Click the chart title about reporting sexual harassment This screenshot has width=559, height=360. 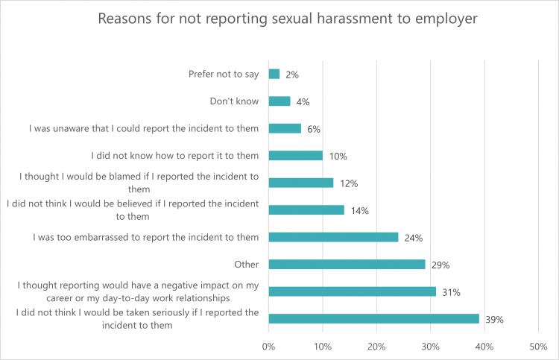(288, 18)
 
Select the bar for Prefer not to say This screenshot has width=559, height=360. (274, 74)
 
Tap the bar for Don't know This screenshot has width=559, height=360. (279, 101)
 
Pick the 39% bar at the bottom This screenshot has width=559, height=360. (373, 318)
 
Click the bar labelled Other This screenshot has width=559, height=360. (347, 264)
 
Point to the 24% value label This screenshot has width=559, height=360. (414, 238)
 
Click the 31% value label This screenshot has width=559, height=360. (451, 292)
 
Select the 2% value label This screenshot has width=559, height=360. (292, 75)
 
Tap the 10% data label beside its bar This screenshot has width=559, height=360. (338, 157)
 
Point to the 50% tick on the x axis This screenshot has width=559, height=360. (538, 347)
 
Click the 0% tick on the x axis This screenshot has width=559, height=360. (268, 347)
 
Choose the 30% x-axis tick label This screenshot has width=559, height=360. (430, 347)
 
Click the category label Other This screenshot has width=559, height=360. (246, 264)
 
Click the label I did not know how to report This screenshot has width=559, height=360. (175, 156)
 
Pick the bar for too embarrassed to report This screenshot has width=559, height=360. (333, 237)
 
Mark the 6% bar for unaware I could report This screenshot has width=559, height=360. (285, 128)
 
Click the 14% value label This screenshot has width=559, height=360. (359, 211)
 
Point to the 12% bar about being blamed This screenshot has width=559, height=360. (300, 183)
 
